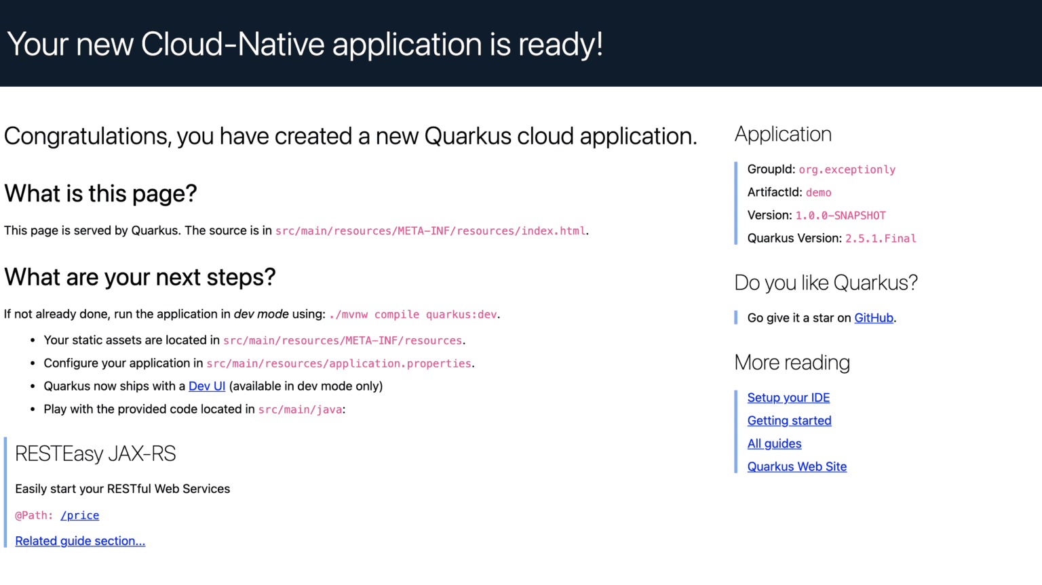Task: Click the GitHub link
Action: click(x=874, y=318)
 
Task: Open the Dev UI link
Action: click(x=207, y=386)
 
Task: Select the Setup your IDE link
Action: click(x=788, y=398)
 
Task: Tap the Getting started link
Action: click(x=789, y=421)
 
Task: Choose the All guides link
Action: click(x=774, y=444)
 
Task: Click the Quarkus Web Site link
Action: click(x=796, y=467)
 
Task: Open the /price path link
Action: click(x=80, y=516)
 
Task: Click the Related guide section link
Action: click(x=80, y=541)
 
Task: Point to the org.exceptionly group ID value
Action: click(x=847, y=170)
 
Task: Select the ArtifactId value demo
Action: click(x=818, y=193)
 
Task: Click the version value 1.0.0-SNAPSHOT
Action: click(x=841, y=216)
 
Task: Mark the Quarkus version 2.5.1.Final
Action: click(x=881, y=239)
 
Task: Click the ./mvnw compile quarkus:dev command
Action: click(x=412, y=315)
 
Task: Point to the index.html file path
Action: click(x=430, y=231)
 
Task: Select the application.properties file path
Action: click(x=339, y=364)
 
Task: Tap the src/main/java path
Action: click(x=300, y=410)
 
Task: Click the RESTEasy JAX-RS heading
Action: click(x=96, y=453)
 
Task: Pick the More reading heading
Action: click(x=792, y=363)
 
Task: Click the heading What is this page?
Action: click(x=100, y=194)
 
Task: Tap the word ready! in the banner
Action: click(x=560, y=45)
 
